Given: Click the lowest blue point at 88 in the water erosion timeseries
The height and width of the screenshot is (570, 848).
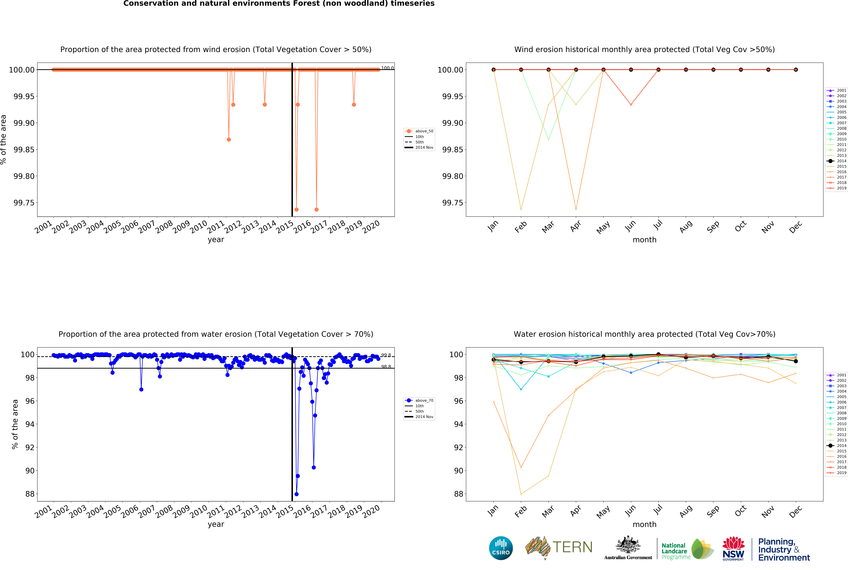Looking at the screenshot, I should pos(296,494).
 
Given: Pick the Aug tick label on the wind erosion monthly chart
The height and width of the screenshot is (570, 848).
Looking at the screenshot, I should pos(686,227).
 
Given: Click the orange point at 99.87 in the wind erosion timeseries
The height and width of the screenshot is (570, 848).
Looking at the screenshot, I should pos(229,140).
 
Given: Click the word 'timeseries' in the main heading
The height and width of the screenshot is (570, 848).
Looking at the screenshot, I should pos(412,4).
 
